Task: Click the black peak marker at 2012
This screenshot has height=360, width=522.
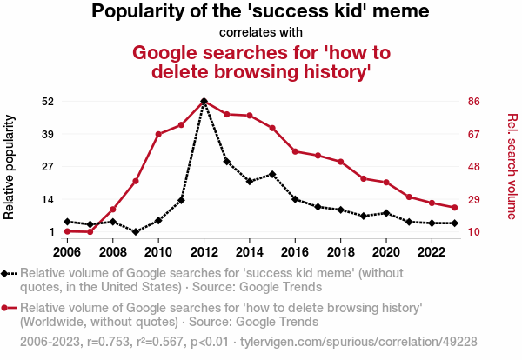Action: [204, 102]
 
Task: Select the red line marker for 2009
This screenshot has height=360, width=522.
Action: [136, 181]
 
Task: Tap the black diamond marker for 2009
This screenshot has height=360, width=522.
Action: [136, 232]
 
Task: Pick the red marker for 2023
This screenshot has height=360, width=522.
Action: [454, 207]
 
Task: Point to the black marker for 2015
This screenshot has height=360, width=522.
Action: [272, 174]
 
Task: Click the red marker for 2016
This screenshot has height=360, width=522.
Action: [295, 151]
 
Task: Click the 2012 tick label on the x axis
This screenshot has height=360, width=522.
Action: [204, 252]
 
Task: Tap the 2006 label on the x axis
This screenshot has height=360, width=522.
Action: [67, 252]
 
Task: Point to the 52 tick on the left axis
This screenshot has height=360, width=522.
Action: [48, 102]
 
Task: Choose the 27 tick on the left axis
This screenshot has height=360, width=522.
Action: [48, 167]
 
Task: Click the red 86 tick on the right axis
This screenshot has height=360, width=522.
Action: [475, 102]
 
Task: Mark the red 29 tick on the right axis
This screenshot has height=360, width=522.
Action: [475, 199]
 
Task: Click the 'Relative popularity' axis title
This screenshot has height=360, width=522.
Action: [10, 166]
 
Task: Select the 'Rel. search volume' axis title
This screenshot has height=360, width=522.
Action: [512, 166]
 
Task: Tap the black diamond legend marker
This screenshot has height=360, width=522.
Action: [7, 274]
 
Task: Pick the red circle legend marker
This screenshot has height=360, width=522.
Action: [7, 308]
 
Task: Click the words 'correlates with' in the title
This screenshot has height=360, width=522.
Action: [261, 33]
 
